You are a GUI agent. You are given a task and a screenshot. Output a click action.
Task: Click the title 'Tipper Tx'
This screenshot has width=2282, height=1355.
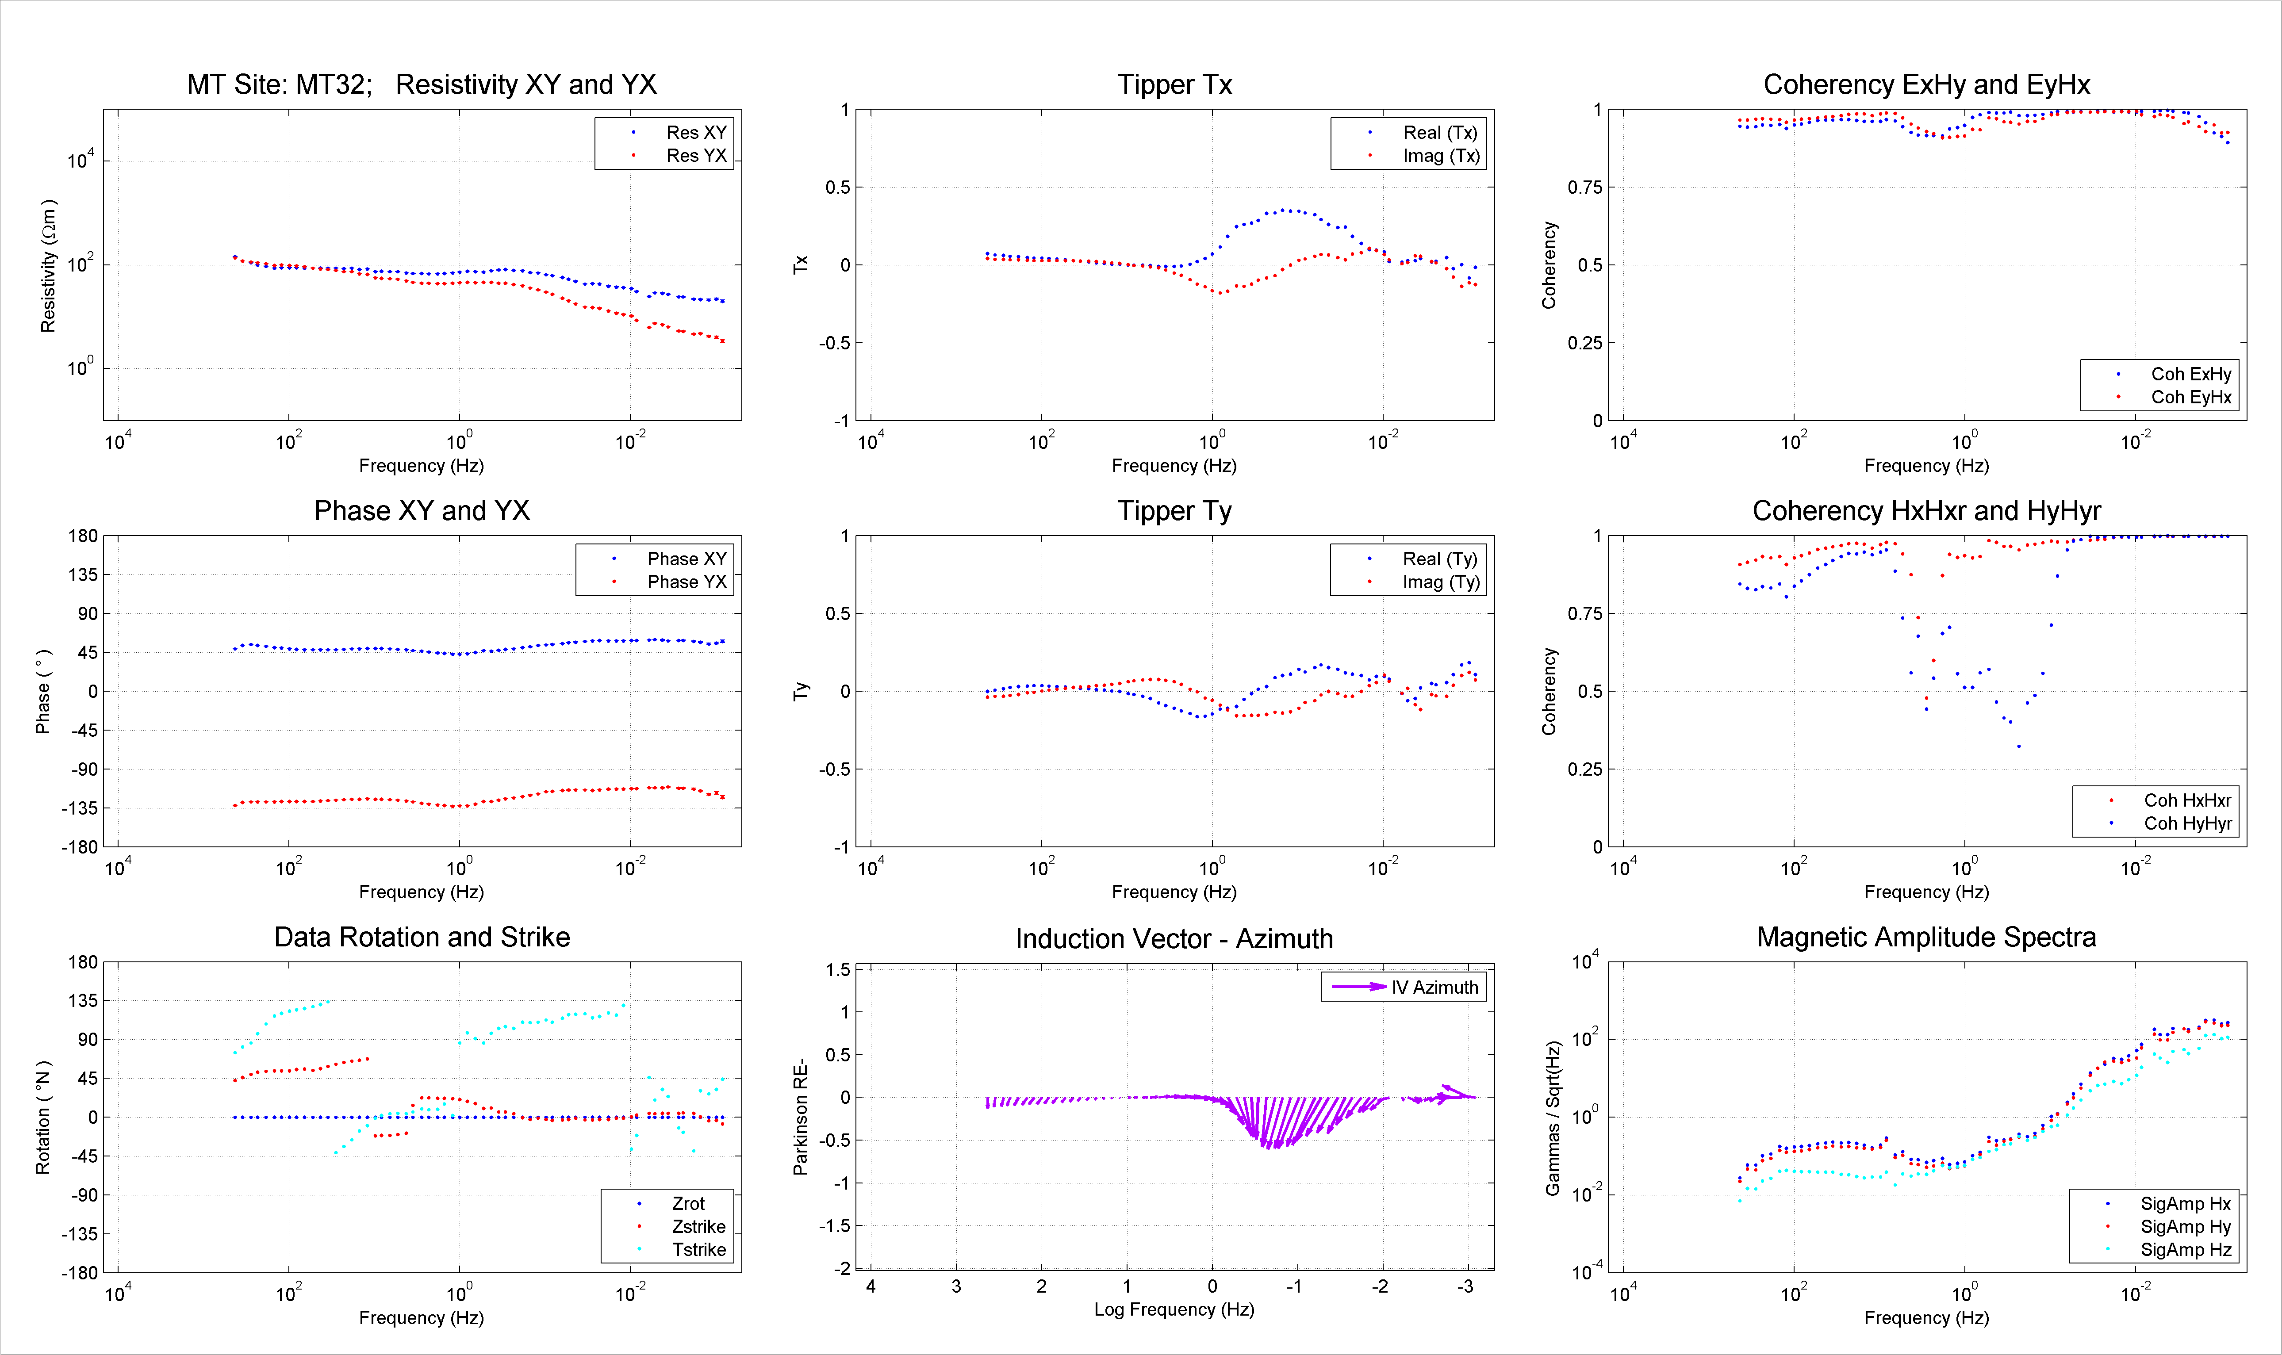1174,85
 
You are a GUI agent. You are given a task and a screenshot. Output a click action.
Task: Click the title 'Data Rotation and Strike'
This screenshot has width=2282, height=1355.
422,938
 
